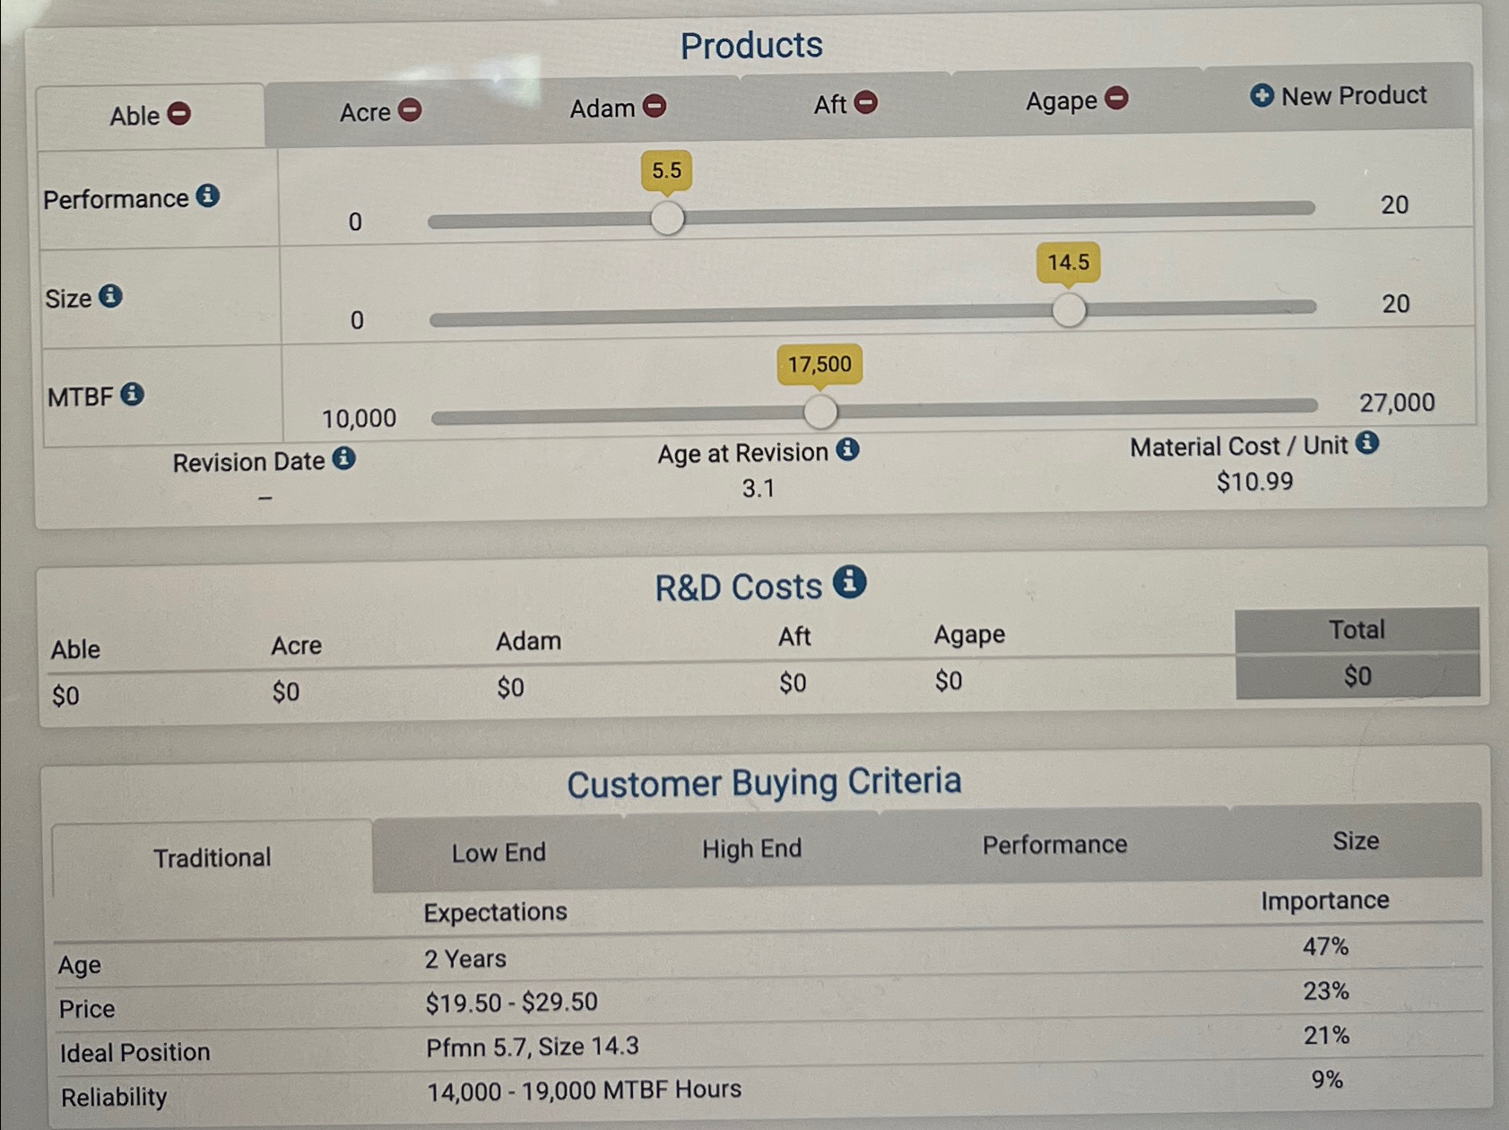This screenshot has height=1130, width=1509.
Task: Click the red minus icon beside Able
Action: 179,114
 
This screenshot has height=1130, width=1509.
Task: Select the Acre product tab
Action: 365,112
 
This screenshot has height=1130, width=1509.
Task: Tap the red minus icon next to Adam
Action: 655,106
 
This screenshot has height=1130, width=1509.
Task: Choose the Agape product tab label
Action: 1061,100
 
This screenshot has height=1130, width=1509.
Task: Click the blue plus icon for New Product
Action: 1262,95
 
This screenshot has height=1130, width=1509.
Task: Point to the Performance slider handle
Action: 667,218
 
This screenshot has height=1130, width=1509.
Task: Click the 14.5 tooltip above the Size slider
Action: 1068,263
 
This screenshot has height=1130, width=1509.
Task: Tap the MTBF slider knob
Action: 820,412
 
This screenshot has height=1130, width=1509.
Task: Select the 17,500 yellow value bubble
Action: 820,364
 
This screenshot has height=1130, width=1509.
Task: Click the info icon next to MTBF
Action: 133,394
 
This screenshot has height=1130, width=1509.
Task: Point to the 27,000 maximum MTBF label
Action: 1396,403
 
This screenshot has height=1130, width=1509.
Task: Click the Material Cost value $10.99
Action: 1254,482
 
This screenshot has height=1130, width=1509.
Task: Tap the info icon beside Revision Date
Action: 344,459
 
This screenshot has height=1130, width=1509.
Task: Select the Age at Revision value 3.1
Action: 758,489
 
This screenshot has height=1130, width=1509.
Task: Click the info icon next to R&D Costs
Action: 849,582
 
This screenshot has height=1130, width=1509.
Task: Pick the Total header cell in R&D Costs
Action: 1356,630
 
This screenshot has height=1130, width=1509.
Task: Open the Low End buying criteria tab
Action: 499,852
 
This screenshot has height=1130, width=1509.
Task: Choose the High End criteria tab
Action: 751,848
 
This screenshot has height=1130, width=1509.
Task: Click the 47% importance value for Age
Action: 1325,946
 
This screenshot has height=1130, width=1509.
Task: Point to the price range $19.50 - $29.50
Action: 511,1002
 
